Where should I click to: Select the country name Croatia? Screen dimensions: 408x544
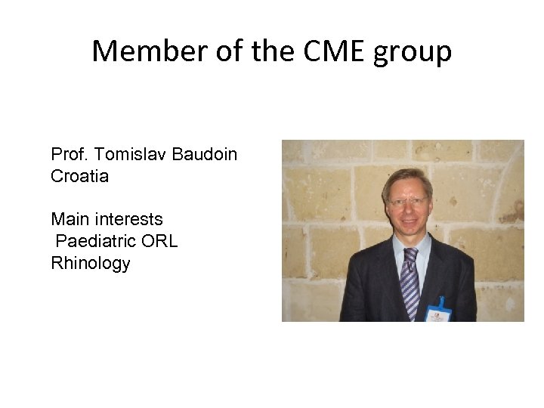click(x=80, y=177)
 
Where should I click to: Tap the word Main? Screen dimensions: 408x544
click(x=68, y=220)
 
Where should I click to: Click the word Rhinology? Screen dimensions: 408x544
click(x=91, y=264)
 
